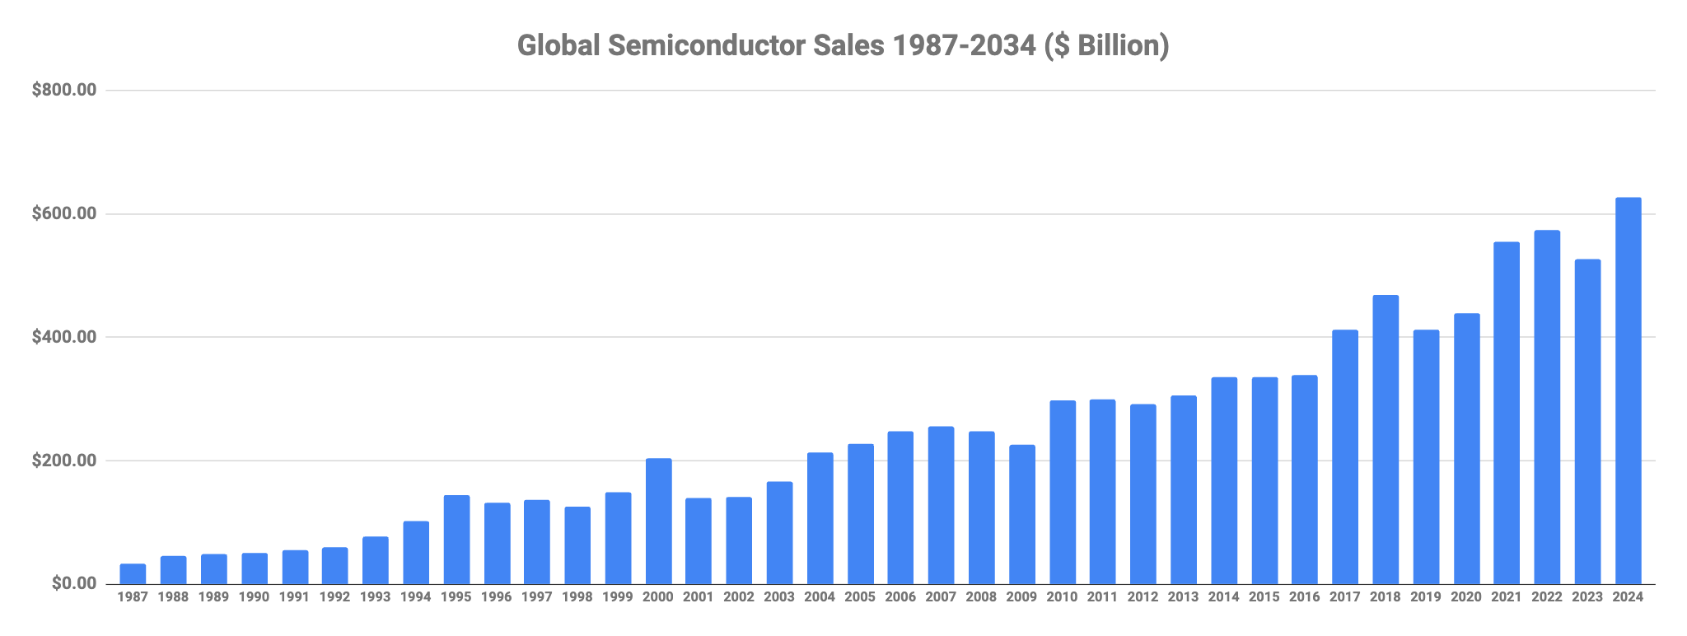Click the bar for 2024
tap(1628, 390)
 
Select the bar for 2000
tap(658, 521)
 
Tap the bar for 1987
tap(133, 574)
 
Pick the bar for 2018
tap(1386, 440)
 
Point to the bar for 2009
tap(1022, 515)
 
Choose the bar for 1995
tap(456, 540)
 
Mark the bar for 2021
tap(1507, 414)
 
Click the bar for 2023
tap(1587, 422)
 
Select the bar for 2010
tap(1063, 493)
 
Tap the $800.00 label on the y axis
tap(64, 91)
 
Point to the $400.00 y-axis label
tap(64, 337)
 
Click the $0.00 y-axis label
tap(74, 584)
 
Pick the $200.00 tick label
tap(64, 461)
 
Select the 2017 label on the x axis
tap(1345, 597)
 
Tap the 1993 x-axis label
tap(376, 597)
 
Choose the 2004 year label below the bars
tap(820, 597)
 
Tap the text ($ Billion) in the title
tap(1106, 47)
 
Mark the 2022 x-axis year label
tap(1547, 597)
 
